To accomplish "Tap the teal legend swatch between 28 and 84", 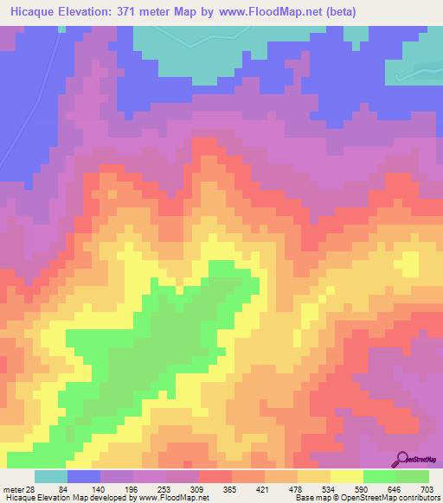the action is pyautogui.click(x=51, y=476).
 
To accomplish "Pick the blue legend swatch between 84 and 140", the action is pyautogui.click(x=84, y=476).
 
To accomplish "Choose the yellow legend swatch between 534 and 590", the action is pyautogui.click(x=346, y=476).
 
